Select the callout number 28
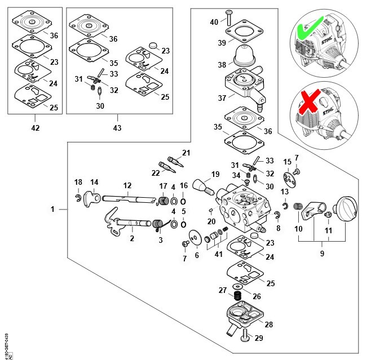pos(268,325)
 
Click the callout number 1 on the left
pos(52,209)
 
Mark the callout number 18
pos(78,181)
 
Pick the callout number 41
pos(218,254)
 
